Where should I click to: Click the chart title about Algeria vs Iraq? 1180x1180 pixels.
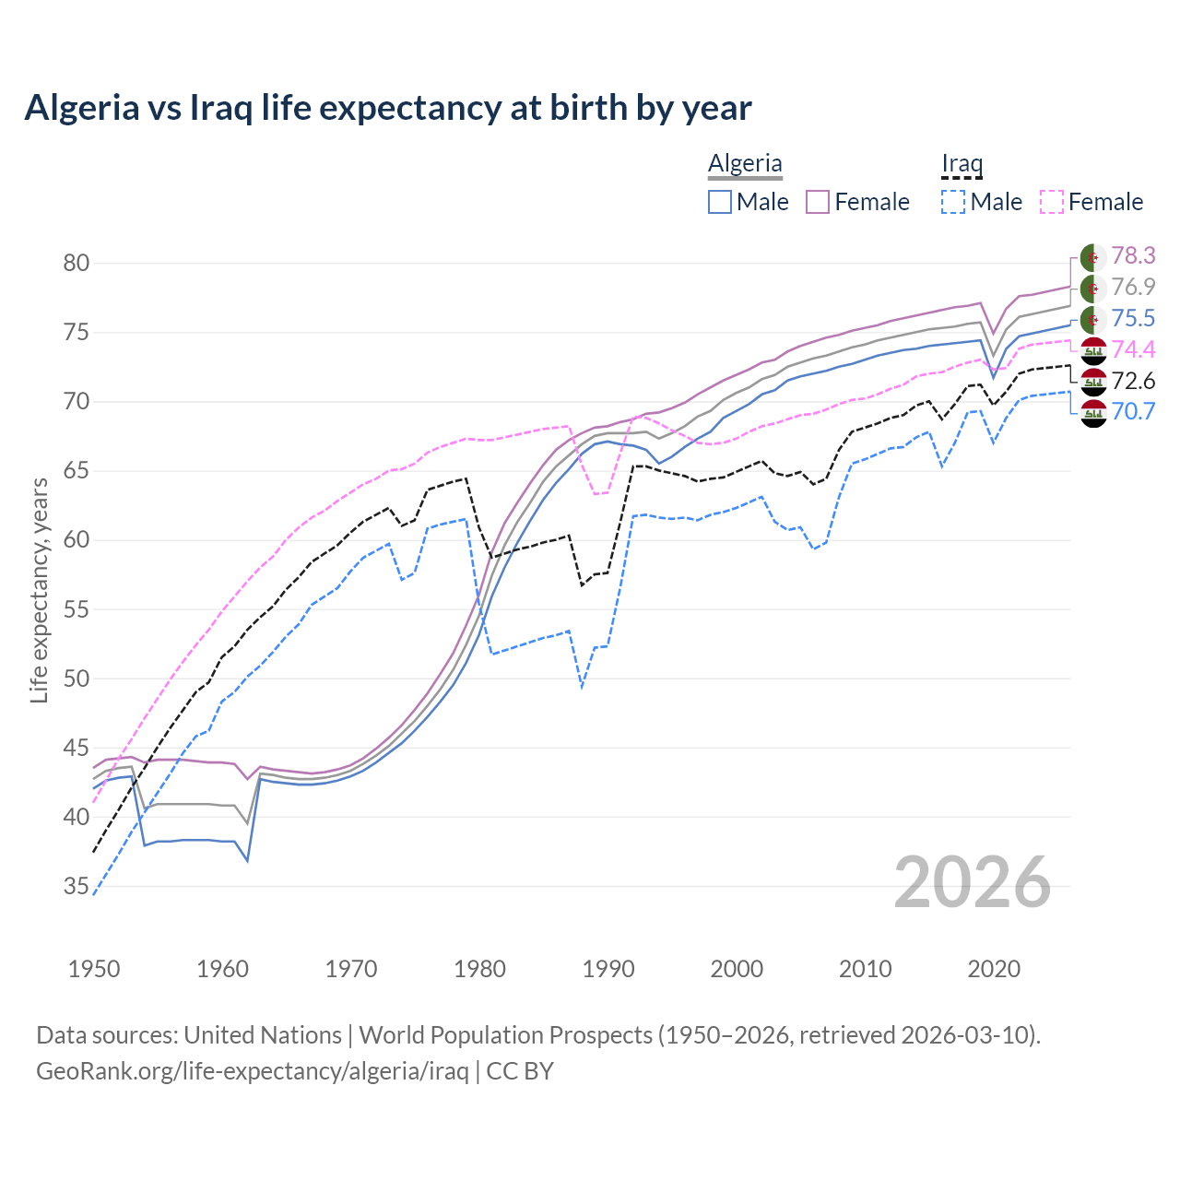(x=388, y=108)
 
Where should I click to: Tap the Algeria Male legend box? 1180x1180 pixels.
(x=720, y=202)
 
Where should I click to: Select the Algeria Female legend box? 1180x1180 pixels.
(x=818, y=202)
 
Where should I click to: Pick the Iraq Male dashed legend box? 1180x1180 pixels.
(x=953, y=202)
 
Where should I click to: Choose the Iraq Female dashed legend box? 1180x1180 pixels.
(x=1052, y=202)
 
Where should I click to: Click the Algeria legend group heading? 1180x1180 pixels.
(x=745, y=163)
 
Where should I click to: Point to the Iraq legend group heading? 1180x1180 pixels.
(x=962, y=163)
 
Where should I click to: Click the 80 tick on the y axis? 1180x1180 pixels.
(x=77, y=264)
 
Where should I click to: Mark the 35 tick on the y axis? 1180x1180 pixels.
(x=77, y=887)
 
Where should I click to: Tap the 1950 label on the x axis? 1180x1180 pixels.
(x=94, y=969)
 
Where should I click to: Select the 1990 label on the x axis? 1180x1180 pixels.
(x=608, y=969)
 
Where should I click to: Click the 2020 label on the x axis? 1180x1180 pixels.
(x=994, y=969)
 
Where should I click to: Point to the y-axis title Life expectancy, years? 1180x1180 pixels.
(x=39, y=590)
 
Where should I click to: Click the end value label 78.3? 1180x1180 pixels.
(x=1133, y=255)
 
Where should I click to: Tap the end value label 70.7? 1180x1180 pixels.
(x=1133, y=411)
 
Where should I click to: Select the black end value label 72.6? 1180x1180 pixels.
(x=1133, y=381)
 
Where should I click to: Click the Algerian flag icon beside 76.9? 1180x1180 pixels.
(x=1093, y=288)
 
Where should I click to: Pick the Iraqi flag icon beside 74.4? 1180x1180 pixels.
(x=1093, y=350)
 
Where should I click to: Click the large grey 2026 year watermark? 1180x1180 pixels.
(x=973, y=882)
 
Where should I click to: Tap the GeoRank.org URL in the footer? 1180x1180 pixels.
(x=252, y=1071)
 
